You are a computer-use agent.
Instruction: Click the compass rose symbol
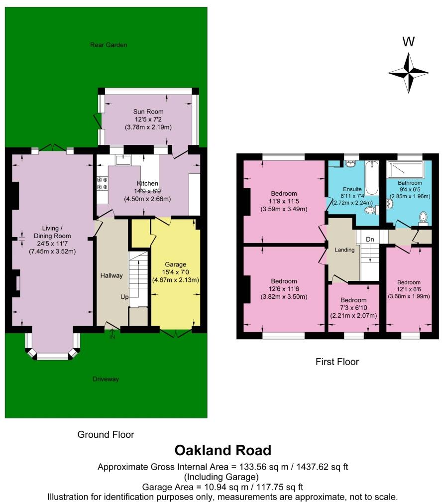point(408,73)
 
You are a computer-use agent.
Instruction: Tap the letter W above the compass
point(408,42)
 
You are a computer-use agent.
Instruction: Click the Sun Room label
point(148,112)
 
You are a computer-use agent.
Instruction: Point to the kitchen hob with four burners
point(102,183)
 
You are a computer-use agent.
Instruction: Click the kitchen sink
point(122,159)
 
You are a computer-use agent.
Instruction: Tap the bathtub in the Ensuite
point(371,178)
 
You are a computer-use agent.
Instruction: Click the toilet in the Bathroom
point(423,218)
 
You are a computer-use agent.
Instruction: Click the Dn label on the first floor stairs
point(369,240)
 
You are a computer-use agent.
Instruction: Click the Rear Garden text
point(109,45)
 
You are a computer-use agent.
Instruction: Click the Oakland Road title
point(223,450)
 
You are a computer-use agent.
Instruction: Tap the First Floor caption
point(337,362)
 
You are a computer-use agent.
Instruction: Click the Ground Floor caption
point(106,434)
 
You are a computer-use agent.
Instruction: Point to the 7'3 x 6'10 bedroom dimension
point(353,308)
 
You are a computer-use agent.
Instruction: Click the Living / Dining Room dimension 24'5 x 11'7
point(52,244)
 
